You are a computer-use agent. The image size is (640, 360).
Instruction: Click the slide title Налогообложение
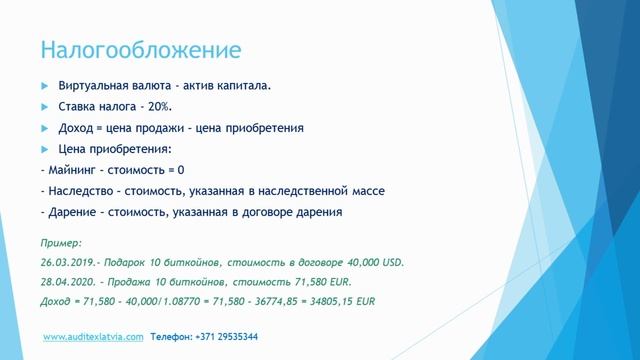pos(140,49)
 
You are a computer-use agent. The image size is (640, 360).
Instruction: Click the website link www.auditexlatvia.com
pos(93,337)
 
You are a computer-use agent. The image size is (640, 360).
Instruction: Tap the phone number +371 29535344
pos(226,337)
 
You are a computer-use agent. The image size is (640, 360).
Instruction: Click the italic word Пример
pos(61,243)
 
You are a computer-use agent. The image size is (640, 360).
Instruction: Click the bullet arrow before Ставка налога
pos(44,107)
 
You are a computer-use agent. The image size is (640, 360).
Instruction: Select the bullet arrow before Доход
pos(44,128)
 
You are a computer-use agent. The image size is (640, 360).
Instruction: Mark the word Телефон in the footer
pos(169,337)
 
